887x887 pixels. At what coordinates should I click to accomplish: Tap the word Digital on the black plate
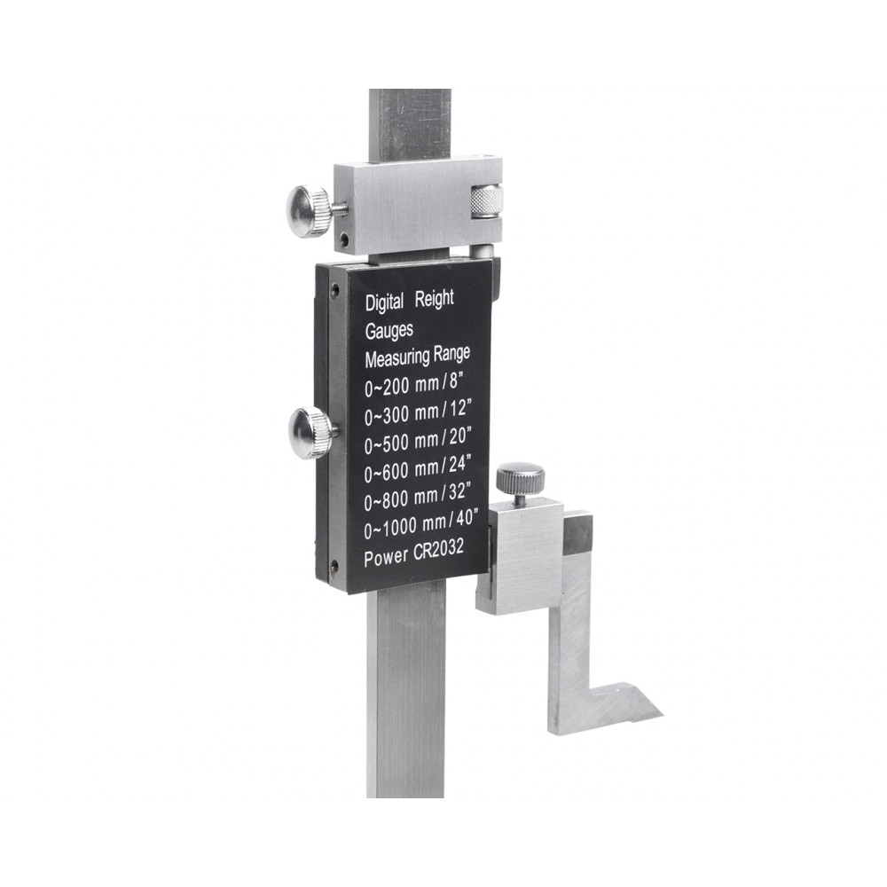[x=385, y=302]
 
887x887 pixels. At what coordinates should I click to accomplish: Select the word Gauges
[x=389, y=330]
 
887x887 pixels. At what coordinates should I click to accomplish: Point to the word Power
[x=386, y=558]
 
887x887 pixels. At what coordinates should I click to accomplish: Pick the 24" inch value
[x=459, y=465]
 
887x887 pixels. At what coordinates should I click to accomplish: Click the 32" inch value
[x=459, y=492]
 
